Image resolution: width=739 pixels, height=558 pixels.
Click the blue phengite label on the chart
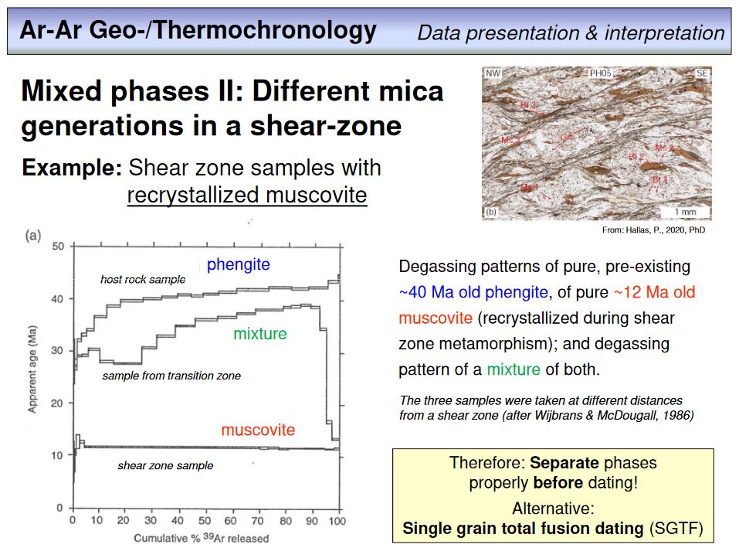[x=238, y=265]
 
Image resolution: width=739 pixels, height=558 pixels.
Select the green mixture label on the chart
[x=259, y=334]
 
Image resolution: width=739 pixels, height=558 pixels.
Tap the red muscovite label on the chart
[x=258, y=430]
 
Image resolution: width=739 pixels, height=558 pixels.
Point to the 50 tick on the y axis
[x=57, y=247]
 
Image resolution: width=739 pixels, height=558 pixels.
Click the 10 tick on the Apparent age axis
[x=57, y=455]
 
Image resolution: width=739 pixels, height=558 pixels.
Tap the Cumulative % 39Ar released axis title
[x=202, y=538]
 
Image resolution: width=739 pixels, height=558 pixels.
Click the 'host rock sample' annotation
[x=143, y=280]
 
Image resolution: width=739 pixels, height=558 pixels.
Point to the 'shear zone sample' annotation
[x=165, y=466]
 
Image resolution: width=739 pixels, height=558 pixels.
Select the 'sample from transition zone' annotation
[x=171, y=376]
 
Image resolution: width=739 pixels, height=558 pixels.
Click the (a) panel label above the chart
[x=34, y=236]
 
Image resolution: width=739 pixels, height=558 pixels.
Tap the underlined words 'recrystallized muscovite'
[x=246, y=195]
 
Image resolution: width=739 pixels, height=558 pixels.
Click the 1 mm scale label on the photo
[x=685, y=212]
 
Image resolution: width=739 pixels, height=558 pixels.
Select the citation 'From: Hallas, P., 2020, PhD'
[x=653, y=230]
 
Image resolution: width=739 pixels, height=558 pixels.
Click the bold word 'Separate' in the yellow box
[x=564, y=464]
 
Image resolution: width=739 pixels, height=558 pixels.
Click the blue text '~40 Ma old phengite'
[x=473, y=293]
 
